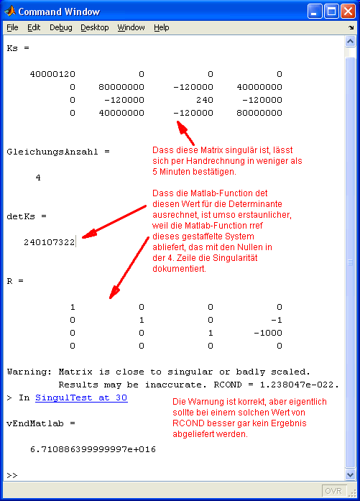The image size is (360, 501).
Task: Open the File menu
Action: click(12, 27)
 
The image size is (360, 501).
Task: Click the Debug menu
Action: click(60, 27)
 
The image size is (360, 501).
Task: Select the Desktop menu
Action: click(94, 27)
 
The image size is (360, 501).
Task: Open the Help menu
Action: click(161, 27)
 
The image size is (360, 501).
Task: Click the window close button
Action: click(348, 12)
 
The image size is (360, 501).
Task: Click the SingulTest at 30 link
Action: click(81, 397)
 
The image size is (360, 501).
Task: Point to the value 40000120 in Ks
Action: click(53, 74)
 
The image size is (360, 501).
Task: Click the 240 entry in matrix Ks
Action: click(205, 100)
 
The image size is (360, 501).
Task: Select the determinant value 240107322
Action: click(49, 242)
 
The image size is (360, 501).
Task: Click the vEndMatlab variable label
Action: click(35, 423)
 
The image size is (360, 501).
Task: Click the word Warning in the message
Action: click(27, 372)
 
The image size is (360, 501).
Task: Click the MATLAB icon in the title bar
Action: click(10, 12)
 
